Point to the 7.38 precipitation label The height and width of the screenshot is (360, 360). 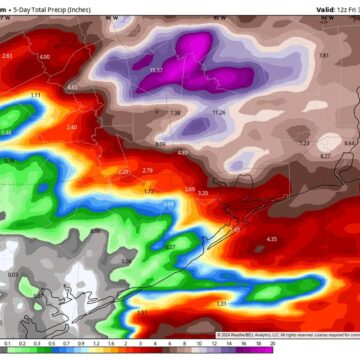tap(175, 113)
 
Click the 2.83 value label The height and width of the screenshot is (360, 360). tap(8, 56)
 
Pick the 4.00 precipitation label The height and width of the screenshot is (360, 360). tap(45, 57)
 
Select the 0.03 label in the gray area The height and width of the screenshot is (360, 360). tap(12, 275)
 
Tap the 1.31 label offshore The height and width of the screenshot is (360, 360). tap(222, 303)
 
